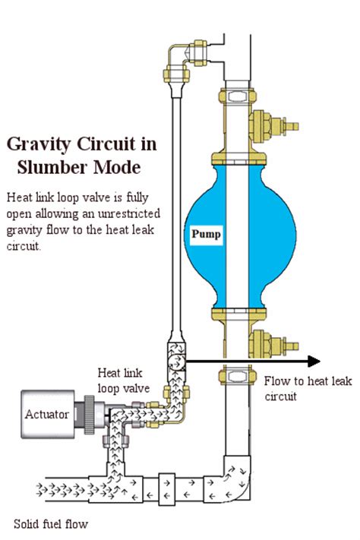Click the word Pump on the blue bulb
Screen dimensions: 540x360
(207, 234)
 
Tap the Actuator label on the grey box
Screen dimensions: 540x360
(46, 415)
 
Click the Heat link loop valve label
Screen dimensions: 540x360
(125, 380)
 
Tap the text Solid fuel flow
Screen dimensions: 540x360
(50, 523)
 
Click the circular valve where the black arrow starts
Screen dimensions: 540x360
(174, 362)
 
